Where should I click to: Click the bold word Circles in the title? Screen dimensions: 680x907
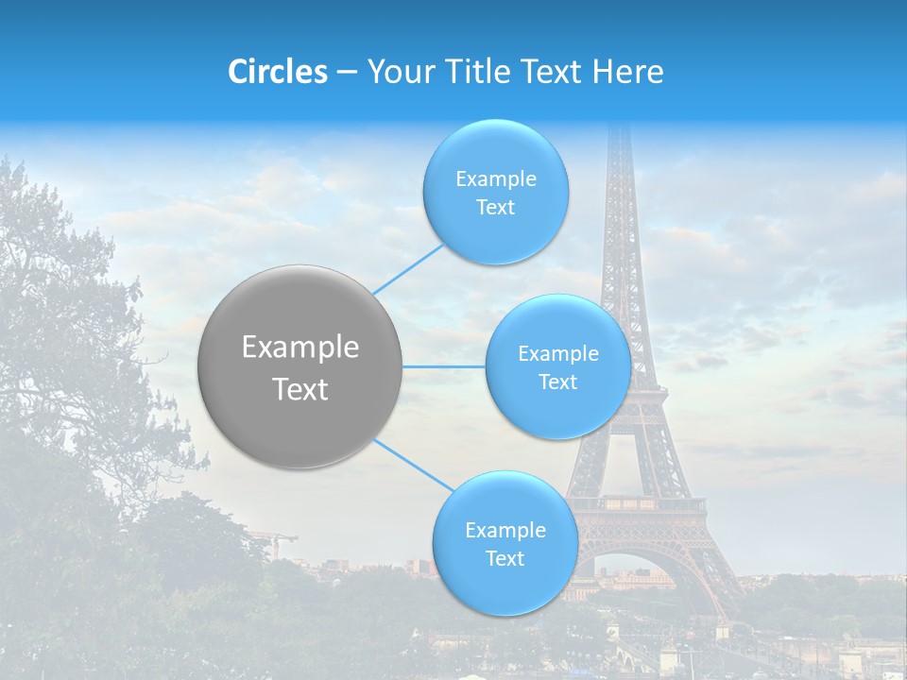tap(278, 72)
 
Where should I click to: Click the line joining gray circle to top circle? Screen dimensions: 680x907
tap(407, 269)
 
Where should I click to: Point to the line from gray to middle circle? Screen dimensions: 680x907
tap(443, 366)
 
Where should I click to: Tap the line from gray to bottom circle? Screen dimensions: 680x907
tap(414, 465)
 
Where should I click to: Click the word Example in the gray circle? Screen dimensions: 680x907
tap(300, 348)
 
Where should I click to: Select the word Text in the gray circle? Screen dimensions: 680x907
tap(300, 388)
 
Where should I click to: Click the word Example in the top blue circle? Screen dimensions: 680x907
tap(495, 179)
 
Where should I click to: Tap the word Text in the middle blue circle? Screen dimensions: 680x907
tap(557, 382)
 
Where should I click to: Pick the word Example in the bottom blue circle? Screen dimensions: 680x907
tap(505, 530)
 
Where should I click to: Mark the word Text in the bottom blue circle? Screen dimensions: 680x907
tap(505, 558)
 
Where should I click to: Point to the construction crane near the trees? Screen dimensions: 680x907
tap(274, 541)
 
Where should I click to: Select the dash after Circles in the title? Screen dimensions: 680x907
tap(346, 73)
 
